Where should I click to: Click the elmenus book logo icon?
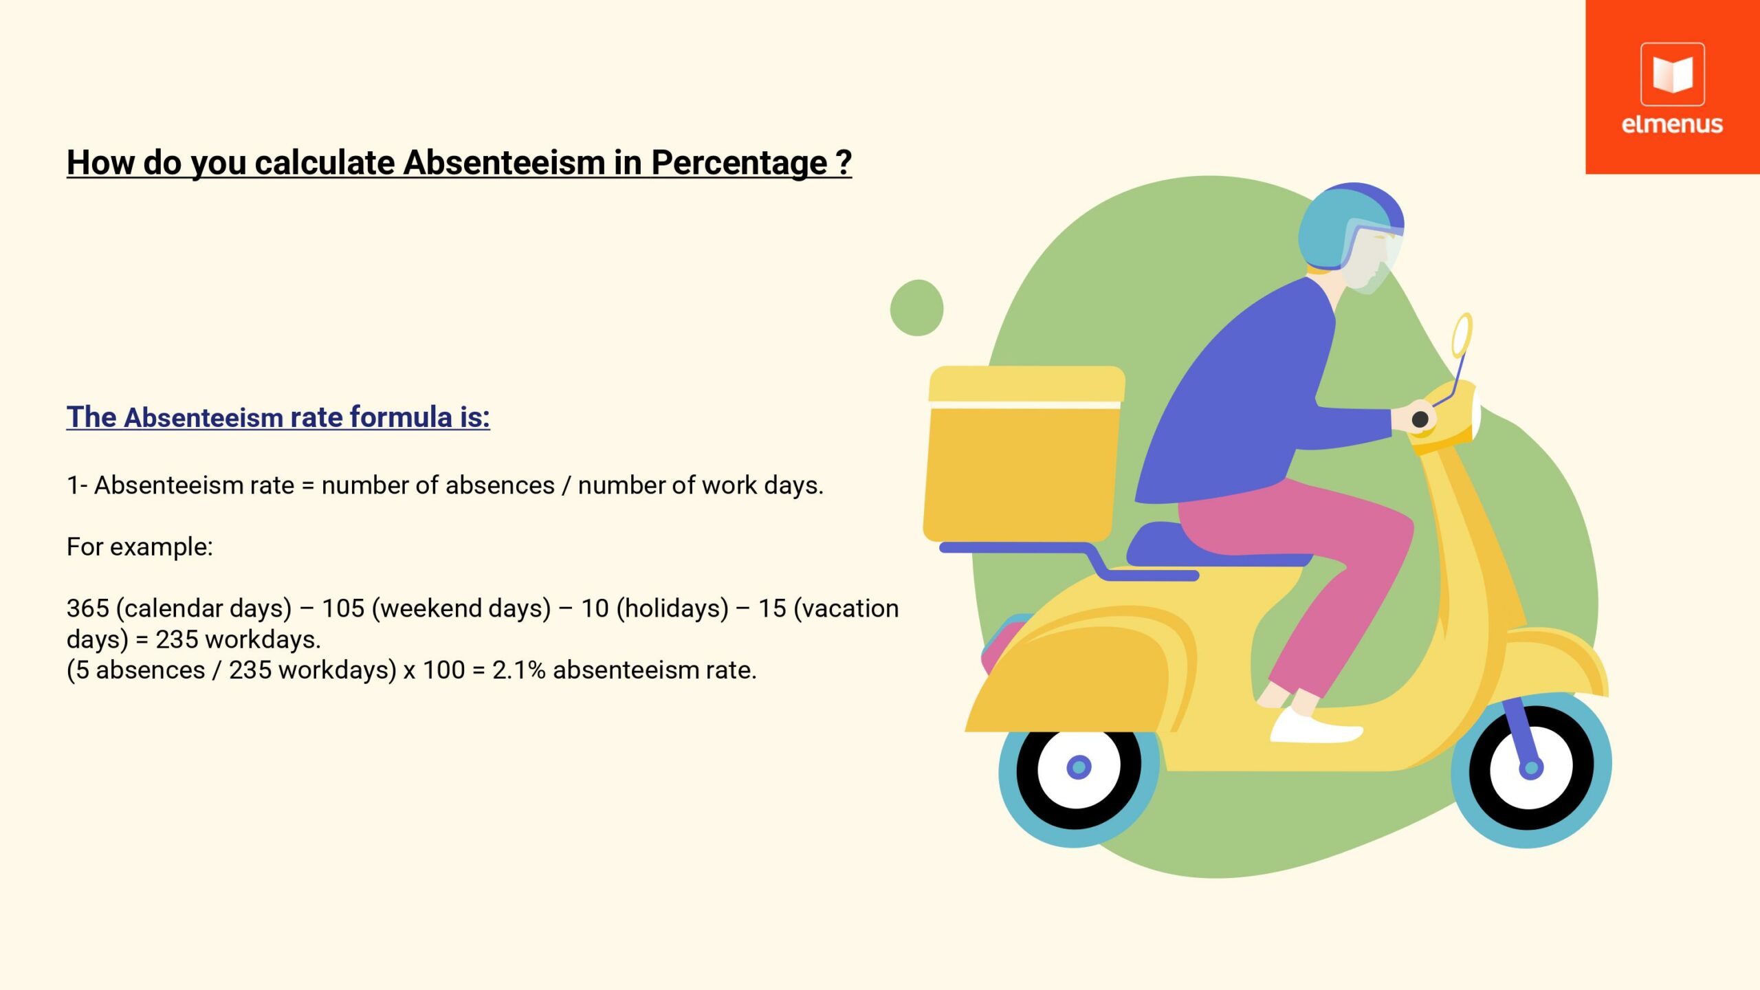click(1672, 74)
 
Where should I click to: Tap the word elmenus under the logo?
click(1672, 124)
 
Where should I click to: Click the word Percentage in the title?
click(739, 164)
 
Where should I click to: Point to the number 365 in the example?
click(88, 608)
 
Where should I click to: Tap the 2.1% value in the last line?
click(519, 670)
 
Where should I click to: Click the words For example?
click(140, 547)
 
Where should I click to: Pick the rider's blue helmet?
click(1350, 226)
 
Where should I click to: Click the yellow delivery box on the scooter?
click(1023, 454)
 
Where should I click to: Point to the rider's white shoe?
click(1314, 725)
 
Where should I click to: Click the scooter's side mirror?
click(1462, 335)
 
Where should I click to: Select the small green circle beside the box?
click(916, 308)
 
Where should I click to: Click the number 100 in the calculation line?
click(443, 670)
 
